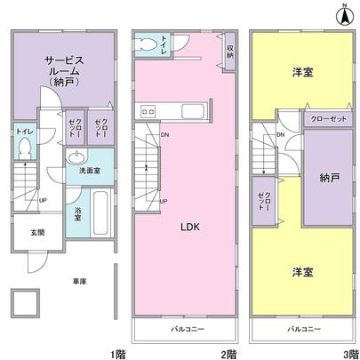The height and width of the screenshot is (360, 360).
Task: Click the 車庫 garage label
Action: pos(79,282)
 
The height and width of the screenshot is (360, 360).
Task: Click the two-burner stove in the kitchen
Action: pos(147,111)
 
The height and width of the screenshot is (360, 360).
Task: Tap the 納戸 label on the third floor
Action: pos(330,178)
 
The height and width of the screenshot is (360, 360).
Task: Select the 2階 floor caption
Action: pos(230,354)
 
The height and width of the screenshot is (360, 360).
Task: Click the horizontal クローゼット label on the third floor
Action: pos(328,118)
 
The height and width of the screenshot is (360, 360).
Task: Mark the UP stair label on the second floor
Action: pos(164,200)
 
